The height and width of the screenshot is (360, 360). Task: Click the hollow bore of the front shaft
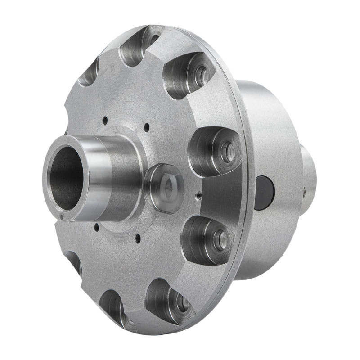[67, 178]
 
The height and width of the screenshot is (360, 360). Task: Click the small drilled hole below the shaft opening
[96, 227]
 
